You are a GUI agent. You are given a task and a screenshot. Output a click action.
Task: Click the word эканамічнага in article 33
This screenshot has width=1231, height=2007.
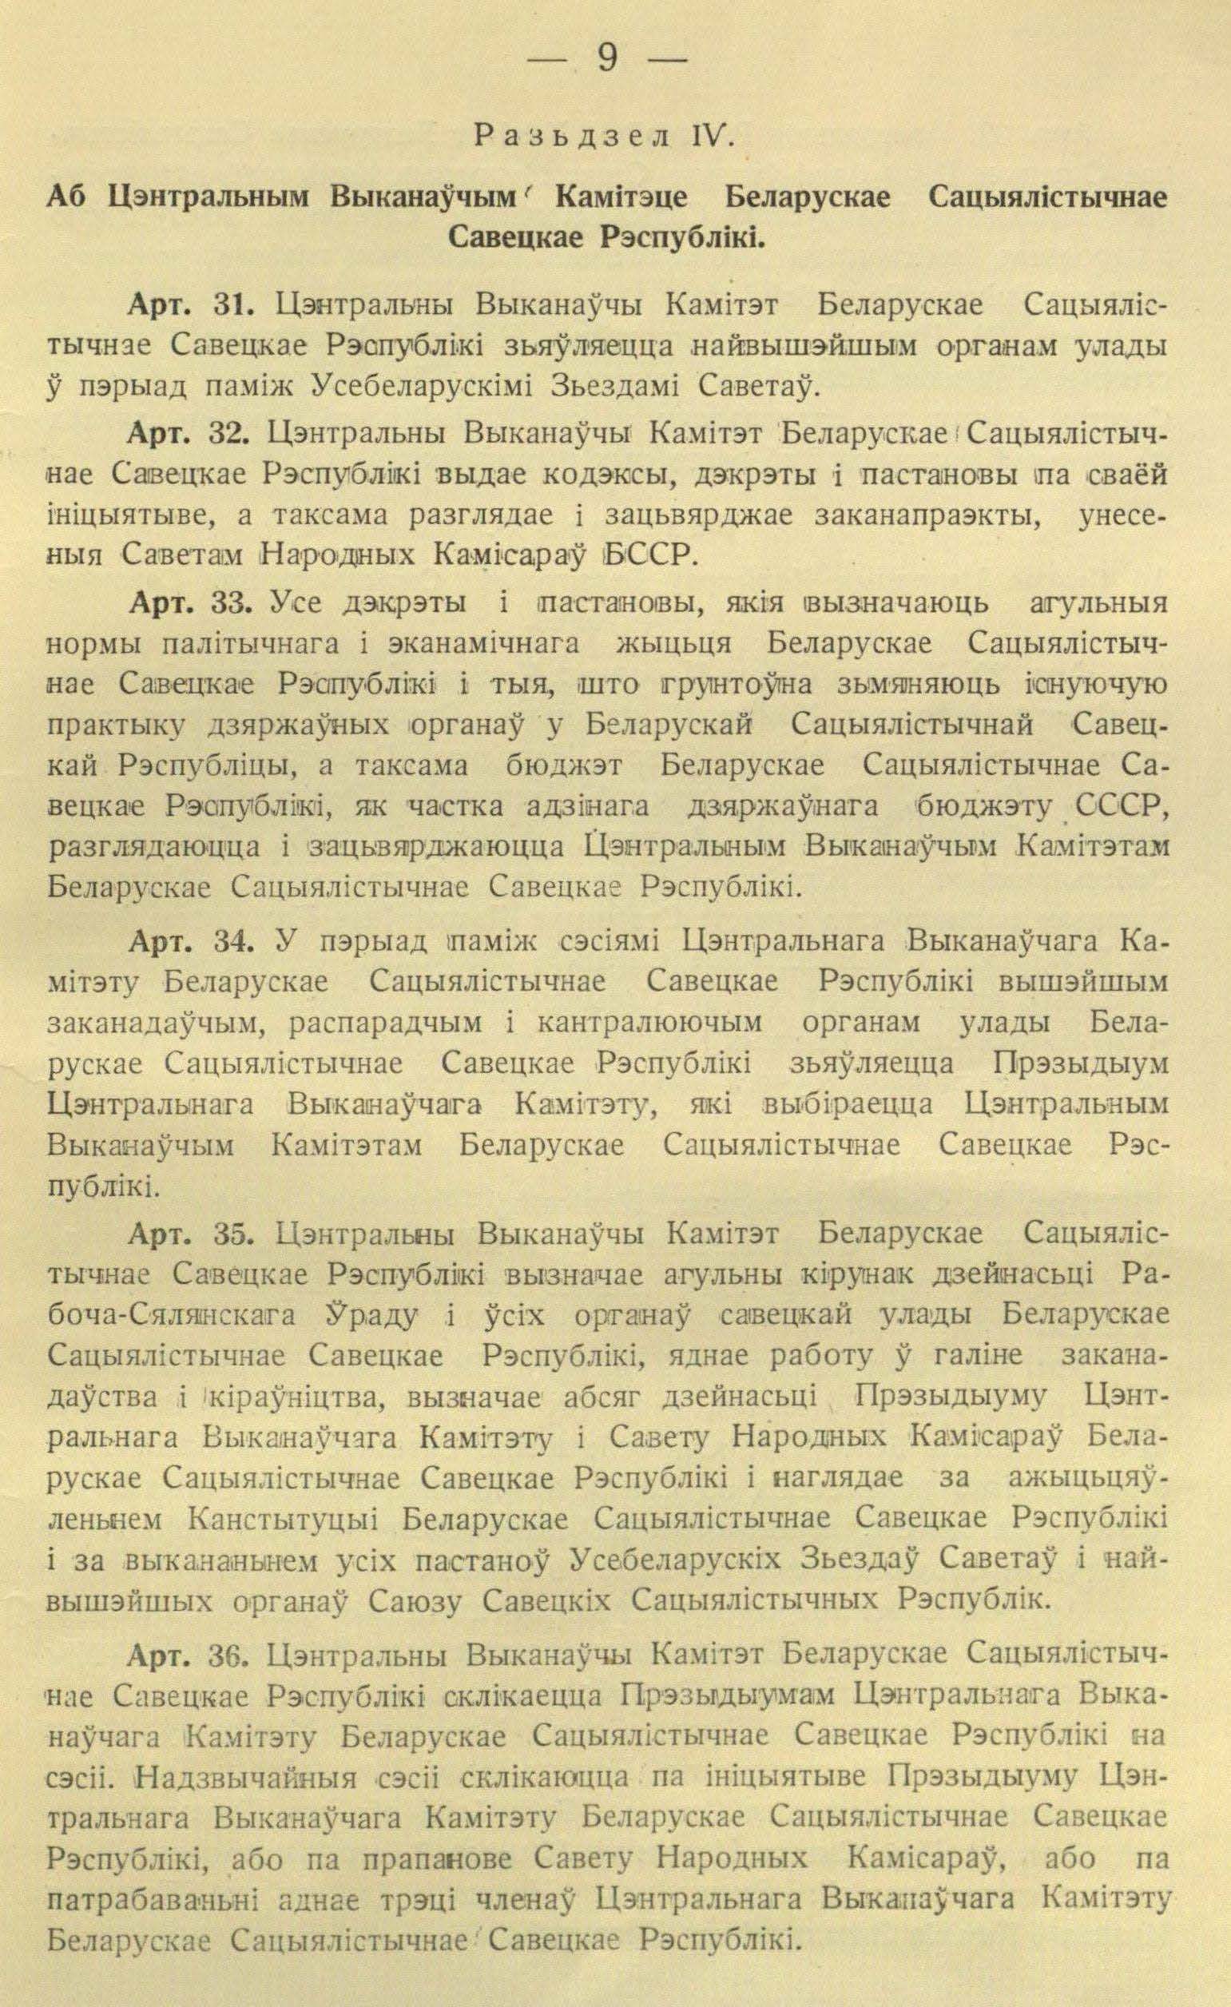[x=484, y=645]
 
